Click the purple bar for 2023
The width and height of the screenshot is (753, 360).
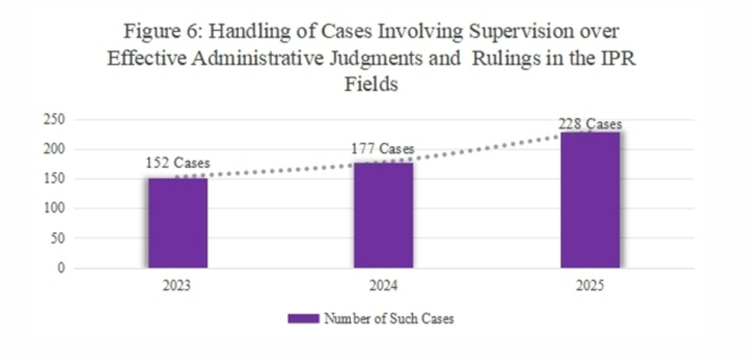[x=177, y=223]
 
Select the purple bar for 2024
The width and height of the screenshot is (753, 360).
[x=384, y=215]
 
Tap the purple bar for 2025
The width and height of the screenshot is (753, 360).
[x=590, y=200]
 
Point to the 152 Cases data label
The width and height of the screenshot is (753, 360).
[x=177, y=163]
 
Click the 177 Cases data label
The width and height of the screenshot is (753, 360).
[x=383, y=149]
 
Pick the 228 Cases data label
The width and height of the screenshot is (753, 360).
[x=589, y=125]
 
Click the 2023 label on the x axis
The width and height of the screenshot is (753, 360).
[x=177, y=287]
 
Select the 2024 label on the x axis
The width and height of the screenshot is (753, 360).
[x=384, y=287]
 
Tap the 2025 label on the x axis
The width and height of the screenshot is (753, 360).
[x=590, y=287]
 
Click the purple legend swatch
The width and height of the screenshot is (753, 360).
[x=298, y=319]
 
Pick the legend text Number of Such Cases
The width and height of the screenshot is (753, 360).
[x=389, y=319]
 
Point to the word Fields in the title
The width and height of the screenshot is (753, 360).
[x=371, y=85]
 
